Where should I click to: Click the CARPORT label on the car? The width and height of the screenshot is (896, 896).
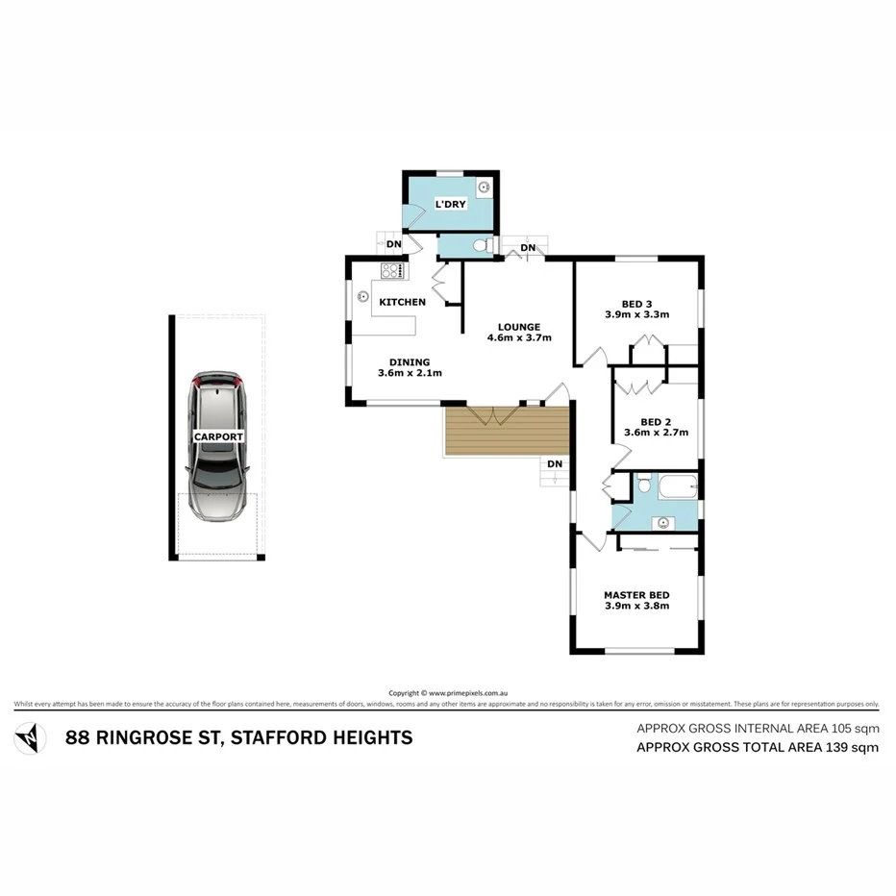click(x=219, y=436)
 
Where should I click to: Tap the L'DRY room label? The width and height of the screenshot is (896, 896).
click(x=450, y=205)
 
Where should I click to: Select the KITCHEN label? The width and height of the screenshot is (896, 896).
click(x=402, y=302)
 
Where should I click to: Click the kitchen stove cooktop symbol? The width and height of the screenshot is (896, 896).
click(x=390, y=270)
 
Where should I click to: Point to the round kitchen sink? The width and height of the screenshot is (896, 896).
click(x=364, y=296)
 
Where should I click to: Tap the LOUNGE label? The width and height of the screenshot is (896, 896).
click(x=519, y=326)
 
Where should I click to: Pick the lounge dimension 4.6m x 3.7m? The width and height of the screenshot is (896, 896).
click(x=519, y=338)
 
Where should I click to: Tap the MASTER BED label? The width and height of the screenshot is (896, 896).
click(x=636, y=594)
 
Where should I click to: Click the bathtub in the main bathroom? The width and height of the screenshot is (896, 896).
click(x=676, y=486)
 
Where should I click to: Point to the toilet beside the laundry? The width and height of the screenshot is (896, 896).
click(x=481, y=247)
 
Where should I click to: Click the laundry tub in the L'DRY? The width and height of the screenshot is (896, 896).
click(x=484, y=187)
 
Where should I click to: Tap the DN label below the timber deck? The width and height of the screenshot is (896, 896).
click(x=554, y=464)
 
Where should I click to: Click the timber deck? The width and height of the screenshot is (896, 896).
click(x=507, y=429)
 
